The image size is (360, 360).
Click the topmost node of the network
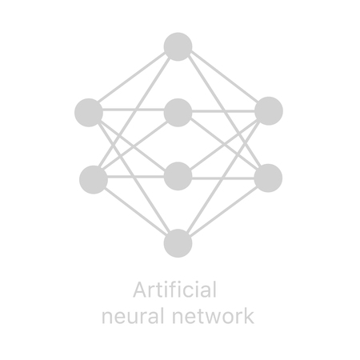coord(178,46)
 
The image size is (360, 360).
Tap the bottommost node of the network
coord(178,243)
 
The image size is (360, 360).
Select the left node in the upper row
coord(89,112)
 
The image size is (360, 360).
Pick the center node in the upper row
coord(178,112)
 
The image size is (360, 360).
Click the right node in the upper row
coord(269,111)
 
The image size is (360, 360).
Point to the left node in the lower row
coord(94,179)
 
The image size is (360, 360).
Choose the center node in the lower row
coord(178,176)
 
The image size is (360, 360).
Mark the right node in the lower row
coord(269,178)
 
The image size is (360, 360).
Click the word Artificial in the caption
coord(174,289)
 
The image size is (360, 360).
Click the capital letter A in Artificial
coord(140,289)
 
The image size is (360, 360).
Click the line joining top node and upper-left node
coord(133,79)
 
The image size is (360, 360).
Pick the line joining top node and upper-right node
coord(223,78)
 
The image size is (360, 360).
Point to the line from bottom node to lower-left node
coord(136,211)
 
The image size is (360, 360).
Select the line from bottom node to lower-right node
coord(223,210)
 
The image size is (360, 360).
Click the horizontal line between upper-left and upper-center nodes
coord(133,110)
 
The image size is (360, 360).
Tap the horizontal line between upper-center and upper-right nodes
coord(223,110)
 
